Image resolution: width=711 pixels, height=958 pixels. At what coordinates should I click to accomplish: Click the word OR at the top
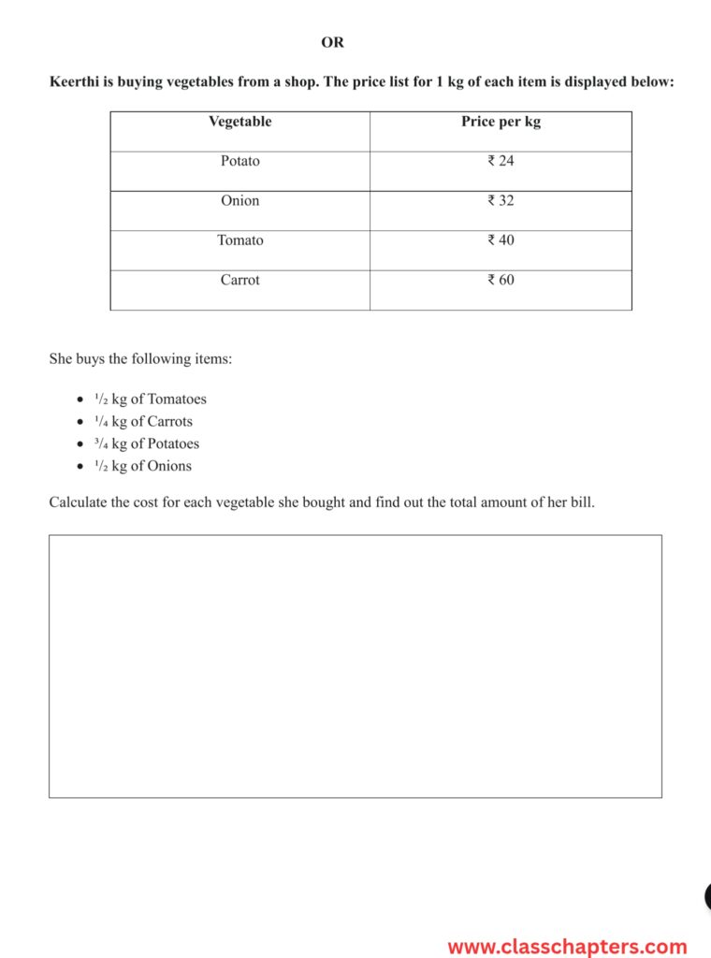click(x=332, y=42)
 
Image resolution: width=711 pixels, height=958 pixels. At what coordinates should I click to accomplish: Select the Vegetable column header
click(x=239, y=122)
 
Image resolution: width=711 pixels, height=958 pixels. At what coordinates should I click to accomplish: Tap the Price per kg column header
click(x=501, y=122)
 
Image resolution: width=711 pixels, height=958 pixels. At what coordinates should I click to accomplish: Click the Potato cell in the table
click(x=240, y=161)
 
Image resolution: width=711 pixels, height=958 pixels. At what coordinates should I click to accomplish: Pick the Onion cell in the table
click(x=240, y=200)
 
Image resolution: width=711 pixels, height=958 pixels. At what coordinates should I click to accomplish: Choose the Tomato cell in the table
click(x=240, y=240)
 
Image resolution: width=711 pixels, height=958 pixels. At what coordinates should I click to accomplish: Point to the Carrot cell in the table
click(x=240, y=280)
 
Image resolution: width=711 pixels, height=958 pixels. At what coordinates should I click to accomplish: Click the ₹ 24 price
click(x=501, y=161)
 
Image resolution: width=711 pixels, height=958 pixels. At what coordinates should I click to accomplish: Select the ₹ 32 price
click(x=501, y=200)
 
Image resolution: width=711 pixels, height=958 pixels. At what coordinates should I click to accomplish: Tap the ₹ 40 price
click(x=501, y=240)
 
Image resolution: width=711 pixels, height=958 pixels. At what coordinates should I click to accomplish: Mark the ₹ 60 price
click(x=501, y=280)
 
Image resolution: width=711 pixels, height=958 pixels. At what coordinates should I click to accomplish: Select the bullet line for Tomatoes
click(x=150, y=399)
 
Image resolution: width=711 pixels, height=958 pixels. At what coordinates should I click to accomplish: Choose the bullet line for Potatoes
click(x=147, y=444)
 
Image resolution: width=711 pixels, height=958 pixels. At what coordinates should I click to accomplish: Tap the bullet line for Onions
click(x=143, y=467)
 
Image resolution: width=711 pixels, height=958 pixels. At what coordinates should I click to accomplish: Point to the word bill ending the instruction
click(x=582, y=502)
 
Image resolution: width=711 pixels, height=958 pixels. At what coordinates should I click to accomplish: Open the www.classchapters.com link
click(x=567, y=947)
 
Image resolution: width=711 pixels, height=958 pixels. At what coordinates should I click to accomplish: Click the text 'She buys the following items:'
click(x=140, y=359)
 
